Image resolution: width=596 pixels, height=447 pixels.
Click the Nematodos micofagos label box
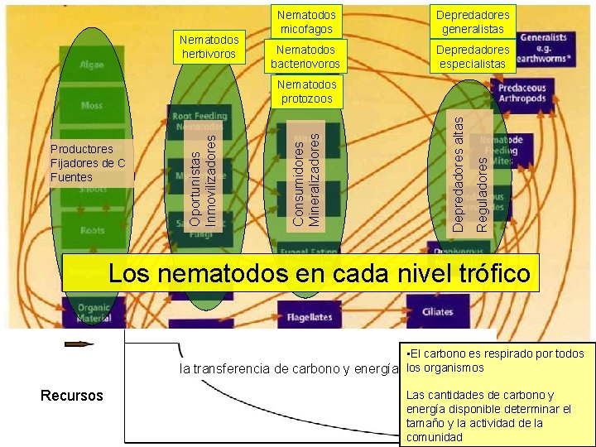pyautogui.click(x=305, y=22)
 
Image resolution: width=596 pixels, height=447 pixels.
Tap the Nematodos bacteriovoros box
pyautogui.click(x=306, y=56)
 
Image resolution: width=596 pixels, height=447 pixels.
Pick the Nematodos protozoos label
pyautogui.click(x=306, y=91)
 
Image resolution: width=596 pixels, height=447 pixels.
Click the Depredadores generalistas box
pyautogui.click(x=473, y=22)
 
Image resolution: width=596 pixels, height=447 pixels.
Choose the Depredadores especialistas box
pyautogui.click(x=473, y=56)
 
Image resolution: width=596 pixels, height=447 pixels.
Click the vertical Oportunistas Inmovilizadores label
pyautogui.click(x=202, y=173)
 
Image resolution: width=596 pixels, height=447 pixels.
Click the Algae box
pyautogui.click(x=92, y=65)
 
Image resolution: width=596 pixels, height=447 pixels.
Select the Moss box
pyautogui.click(x=92, y=106)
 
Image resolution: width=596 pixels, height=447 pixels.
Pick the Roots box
pyautogui.click(x=92, y=231)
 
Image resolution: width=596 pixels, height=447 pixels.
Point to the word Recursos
pyautogui.click(x=72, y=396)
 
